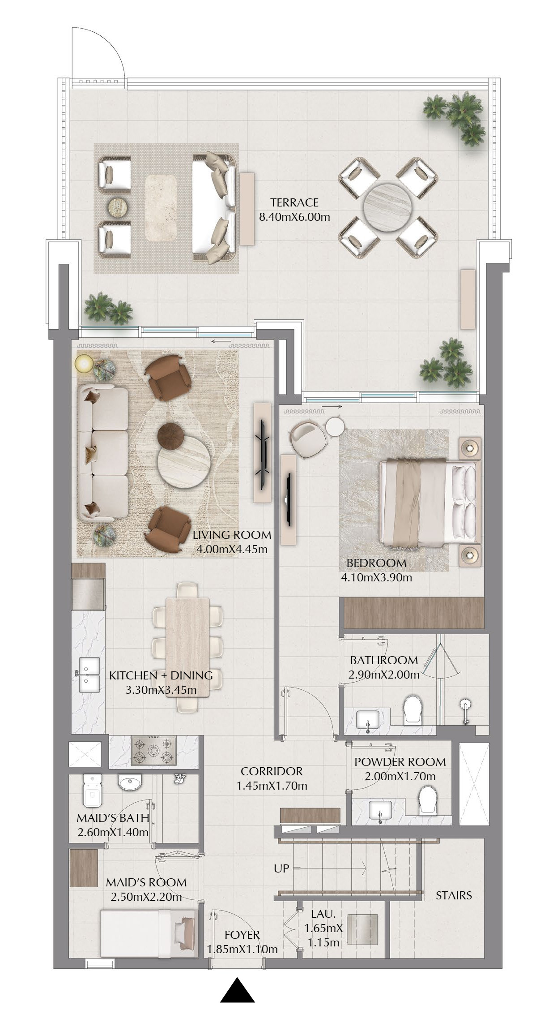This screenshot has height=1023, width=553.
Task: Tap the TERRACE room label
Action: pos(294,202)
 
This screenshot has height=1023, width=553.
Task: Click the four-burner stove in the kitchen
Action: pos(153,751)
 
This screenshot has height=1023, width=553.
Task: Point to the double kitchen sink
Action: pos(89,675)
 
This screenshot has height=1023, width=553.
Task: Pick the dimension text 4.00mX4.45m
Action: pos(232,549)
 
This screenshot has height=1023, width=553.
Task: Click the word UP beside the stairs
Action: pos(281,868)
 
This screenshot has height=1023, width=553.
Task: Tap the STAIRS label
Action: pos(454,895)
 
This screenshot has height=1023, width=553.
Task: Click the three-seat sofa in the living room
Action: pos(102,453)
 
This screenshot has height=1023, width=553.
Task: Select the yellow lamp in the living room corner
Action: pos(84,363)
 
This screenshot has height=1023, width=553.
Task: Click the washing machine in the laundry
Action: pos(362,929)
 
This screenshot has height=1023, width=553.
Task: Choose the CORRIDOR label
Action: pos(272,771)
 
